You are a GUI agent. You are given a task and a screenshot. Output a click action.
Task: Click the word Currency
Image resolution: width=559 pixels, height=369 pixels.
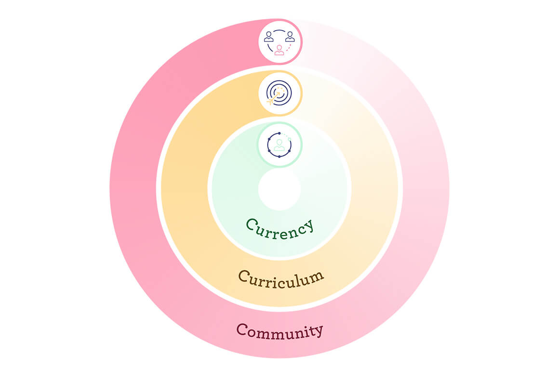coord(279,227)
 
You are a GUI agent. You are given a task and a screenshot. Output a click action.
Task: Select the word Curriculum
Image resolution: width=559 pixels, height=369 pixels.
coord(280,278)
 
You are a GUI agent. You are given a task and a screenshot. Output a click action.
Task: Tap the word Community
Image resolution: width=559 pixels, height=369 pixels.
coord(279,331)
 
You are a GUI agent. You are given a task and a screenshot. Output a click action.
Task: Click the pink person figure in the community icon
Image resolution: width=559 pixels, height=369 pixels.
coord(279,50)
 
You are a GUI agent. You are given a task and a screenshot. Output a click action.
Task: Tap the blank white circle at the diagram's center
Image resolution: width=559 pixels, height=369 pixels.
coord(279,189)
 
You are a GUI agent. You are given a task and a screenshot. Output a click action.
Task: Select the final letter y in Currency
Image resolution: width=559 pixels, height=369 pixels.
coord(308,225)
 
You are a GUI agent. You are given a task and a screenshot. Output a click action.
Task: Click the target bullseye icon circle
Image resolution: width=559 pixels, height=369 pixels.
coord(279,93)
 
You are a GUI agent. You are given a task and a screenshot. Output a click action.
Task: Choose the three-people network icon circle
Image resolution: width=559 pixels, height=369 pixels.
coord(279,41)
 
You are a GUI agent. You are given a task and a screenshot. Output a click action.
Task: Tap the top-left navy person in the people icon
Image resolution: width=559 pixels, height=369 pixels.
coord(269,37)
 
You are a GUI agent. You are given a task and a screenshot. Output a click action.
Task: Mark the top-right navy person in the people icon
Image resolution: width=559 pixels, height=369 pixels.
coord(290,37)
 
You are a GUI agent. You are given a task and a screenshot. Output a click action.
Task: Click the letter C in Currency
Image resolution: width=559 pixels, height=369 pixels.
coord(252,224)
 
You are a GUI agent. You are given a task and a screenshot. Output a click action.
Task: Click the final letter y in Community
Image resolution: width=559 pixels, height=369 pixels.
coord(318,331)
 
